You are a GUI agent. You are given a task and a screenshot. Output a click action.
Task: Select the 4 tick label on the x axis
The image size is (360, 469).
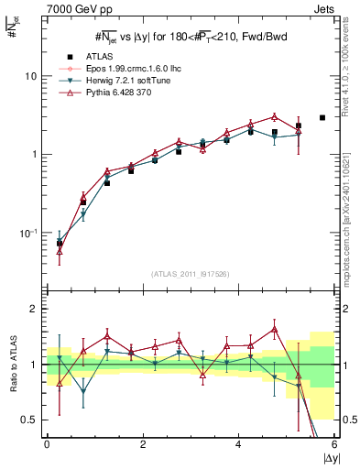pyautogui.click(x=239, y=443)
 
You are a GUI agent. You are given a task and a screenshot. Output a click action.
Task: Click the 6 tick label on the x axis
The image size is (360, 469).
pyautogui.click(x=334, y=443)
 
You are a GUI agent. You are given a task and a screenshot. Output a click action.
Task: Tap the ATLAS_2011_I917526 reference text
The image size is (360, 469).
pyautogui.click(x=188, y=275)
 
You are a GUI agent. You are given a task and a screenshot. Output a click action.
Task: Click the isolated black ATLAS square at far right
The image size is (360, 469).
pyautogui.click(x=322, y=117)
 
